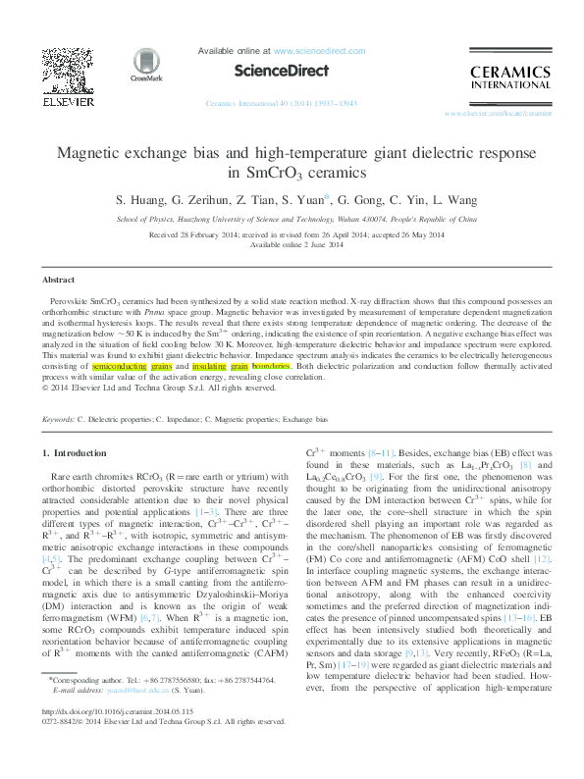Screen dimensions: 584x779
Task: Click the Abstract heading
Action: click(x=57, y=253)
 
